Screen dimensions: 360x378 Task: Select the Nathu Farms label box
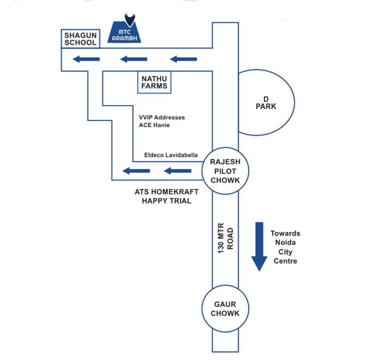point(154,82)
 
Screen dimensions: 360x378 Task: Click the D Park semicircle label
point(265,103)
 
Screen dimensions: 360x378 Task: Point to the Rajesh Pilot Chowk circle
point(225,171)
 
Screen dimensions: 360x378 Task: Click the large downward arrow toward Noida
point(259,246)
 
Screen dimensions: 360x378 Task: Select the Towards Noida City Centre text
point(285,247)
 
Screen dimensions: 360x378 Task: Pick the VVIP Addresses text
point(162,118)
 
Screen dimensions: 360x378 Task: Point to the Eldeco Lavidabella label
point(171,155)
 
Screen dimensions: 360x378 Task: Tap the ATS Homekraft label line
point(167,192)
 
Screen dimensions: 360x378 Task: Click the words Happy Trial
point(167,201)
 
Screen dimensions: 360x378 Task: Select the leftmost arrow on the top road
point(86,59)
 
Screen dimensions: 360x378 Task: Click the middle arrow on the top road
point(134,59)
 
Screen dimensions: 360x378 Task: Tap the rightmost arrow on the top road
point(183,59)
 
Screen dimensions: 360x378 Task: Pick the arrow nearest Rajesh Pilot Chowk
point(178,170)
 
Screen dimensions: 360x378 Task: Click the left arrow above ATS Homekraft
point(137,170)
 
